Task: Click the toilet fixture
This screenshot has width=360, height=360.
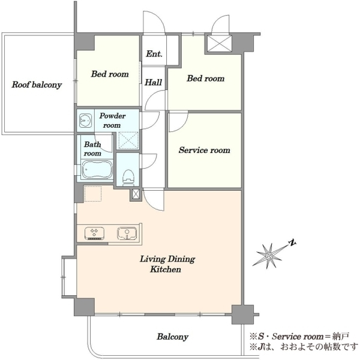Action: point(128,178)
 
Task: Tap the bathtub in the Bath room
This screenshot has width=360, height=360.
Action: point(97,170)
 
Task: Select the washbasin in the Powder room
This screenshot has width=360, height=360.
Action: point(85,121)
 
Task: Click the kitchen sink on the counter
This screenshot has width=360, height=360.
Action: point(127,233)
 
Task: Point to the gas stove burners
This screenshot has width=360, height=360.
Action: point(94,233)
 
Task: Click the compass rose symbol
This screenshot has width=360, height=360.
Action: point(269,256)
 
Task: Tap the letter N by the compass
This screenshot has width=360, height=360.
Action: point(292,243)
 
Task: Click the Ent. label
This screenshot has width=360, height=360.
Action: point(154,54)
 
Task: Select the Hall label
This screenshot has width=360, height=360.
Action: point(153,82)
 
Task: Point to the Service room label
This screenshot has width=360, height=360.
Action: point(205,150)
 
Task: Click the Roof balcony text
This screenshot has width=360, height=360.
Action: point(37,85)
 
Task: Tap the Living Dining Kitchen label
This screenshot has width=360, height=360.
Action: point(167,264)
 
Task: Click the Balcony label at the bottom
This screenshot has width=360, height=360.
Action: point(173,337)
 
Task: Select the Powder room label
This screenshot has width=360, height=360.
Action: point(112,121)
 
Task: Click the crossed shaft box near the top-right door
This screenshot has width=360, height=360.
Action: point(218,43)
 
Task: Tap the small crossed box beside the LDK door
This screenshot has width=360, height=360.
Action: point(136,194)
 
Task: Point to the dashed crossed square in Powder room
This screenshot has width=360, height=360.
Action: point(128,140)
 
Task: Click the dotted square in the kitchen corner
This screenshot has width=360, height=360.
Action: point(93,194)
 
